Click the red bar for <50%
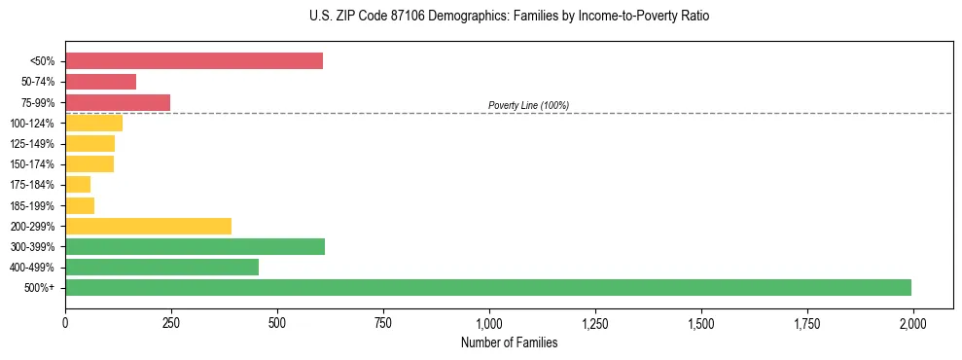pyautogui.click(x=194, y=61)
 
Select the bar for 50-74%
pyautogui.click(x=100, y=82)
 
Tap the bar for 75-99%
pyautogui.click(x=118, y=102)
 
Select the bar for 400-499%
pyautogui.click(x=161, y=267)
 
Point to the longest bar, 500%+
pyautogui.click(x=487, y=287)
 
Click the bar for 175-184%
pyautogui.click(x=78, y=185)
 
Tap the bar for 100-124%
pyautogui.click(x=93, y=123)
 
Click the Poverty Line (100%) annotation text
pyautogui.click(x=528, y=105)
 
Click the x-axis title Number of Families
pyautogui.click(x=509, y=342)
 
